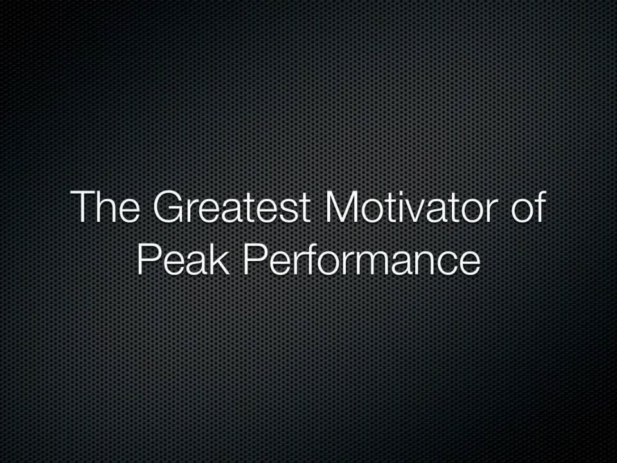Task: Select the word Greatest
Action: pyautogui.click(x=232, y=206)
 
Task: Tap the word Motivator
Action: pyautogui.click(x=411, y=206)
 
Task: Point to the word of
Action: pyautogui.click(x=528, y=206)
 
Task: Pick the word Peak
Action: pyautogui.click(x=183, y=260)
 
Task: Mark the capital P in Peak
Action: pyautogui.click(x=147, y=260)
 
